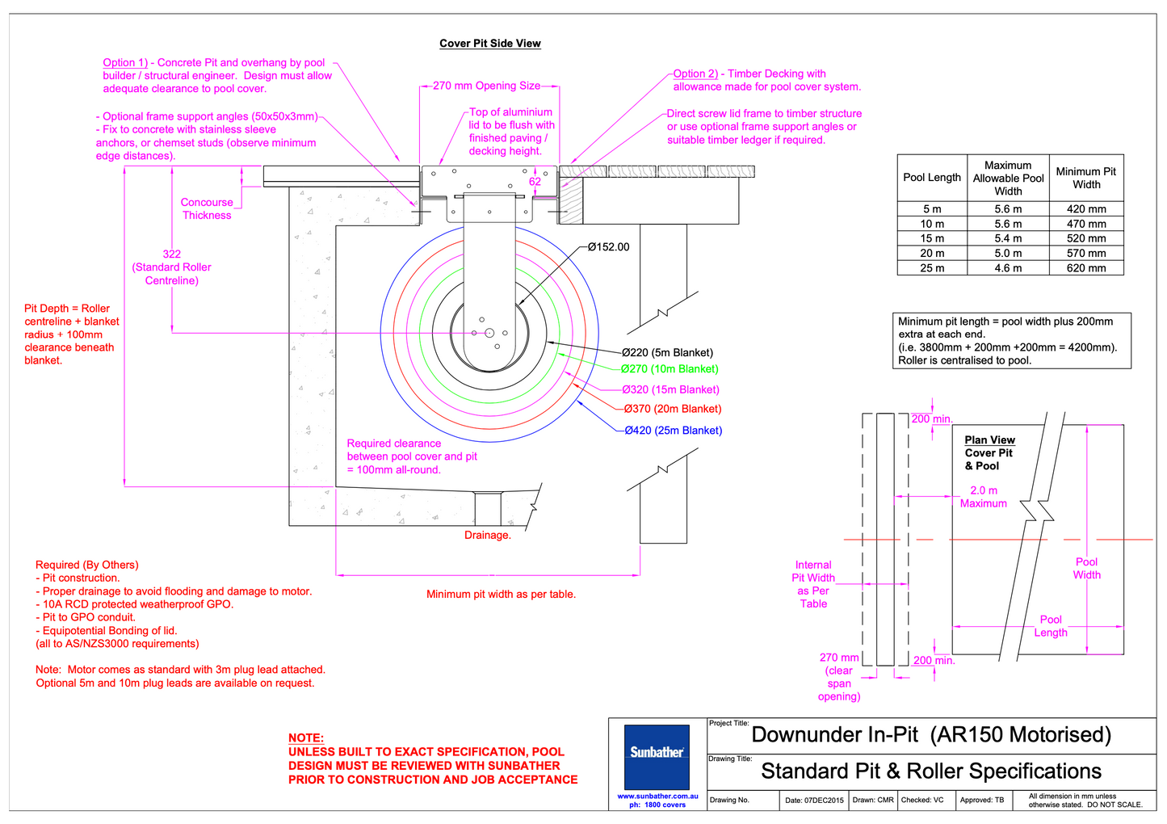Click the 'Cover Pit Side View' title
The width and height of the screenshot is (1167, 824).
click(489, 44)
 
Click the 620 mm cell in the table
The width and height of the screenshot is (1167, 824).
click(1086, 268)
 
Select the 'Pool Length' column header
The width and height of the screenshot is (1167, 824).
click(932, 178)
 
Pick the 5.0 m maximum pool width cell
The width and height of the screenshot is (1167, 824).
click(1008, 254)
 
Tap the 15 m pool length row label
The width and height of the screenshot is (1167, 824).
click(932, 239)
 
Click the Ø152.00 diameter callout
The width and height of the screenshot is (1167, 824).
click(608, 247)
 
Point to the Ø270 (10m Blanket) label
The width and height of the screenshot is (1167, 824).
click(670, 369)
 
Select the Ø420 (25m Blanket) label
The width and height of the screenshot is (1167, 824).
click(673, 431)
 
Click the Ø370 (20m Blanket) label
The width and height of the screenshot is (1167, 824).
click(673, 410)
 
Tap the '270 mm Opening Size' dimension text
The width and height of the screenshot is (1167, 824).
click(486, 86)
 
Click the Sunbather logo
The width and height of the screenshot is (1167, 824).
click(657, 753)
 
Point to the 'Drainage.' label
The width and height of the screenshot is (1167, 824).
click(487, 536)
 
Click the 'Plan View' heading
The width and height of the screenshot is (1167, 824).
click(989, 440)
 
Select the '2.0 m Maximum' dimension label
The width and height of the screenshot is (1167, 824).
click(983, 497)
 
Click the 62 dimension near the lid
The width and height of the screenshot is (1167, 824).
click(535, 182)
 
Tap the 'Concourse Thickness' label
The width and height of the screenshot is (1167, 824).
click(207, 209)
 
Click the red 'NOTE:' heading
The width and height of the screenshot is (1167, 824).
click(305, 738)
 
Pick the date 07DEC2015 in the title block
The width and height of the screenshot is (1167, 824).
click(814, 801)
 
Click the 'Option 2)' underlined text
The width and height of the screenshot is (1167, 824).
click(695, 74)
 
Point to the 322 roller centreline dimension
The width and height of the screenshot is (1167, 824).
click(171, 254)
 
